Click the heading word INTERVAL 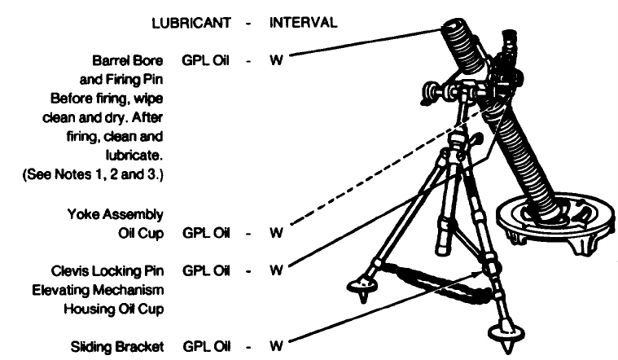(301, 23)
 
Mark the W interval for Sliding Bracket (277, 347)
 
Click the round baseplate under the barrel (558, 216)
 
